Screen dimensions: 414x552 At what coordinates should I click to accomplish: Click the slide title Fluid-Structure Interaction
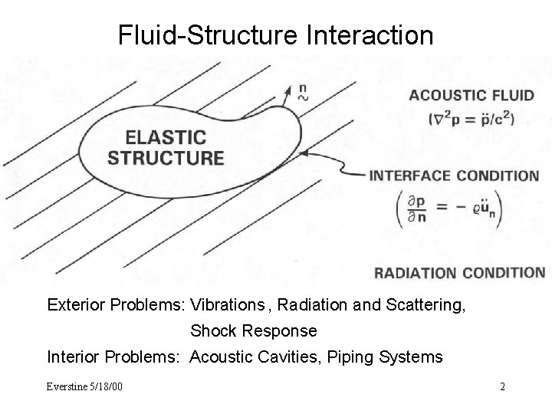click(x=275, y=34)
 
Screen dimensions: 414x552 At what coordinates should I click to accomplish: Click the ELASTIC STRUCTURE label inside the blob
click(x=166, y=149)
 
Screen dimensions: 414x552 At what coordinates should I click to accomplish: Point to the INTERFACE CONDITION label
click(x=454, y=176)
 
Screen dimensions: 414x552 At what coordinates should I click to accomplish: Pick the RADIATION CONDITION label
click(x=459, y=272)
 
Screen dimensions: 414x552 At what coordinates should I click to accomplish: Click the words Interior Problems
click(x=114, y=356)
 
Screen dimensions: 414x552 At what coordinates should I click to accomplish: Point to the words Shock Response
click(x=253, y=331)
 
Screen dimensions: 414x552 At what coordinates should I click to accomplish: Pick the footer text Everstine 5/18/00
click(x=84, y=386)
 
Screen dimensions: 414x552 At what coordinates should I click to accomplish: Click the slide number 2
click(x=502, y=386)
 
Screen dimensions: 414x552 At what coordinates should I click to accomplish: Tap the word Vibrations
click(x=228, y=305)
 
